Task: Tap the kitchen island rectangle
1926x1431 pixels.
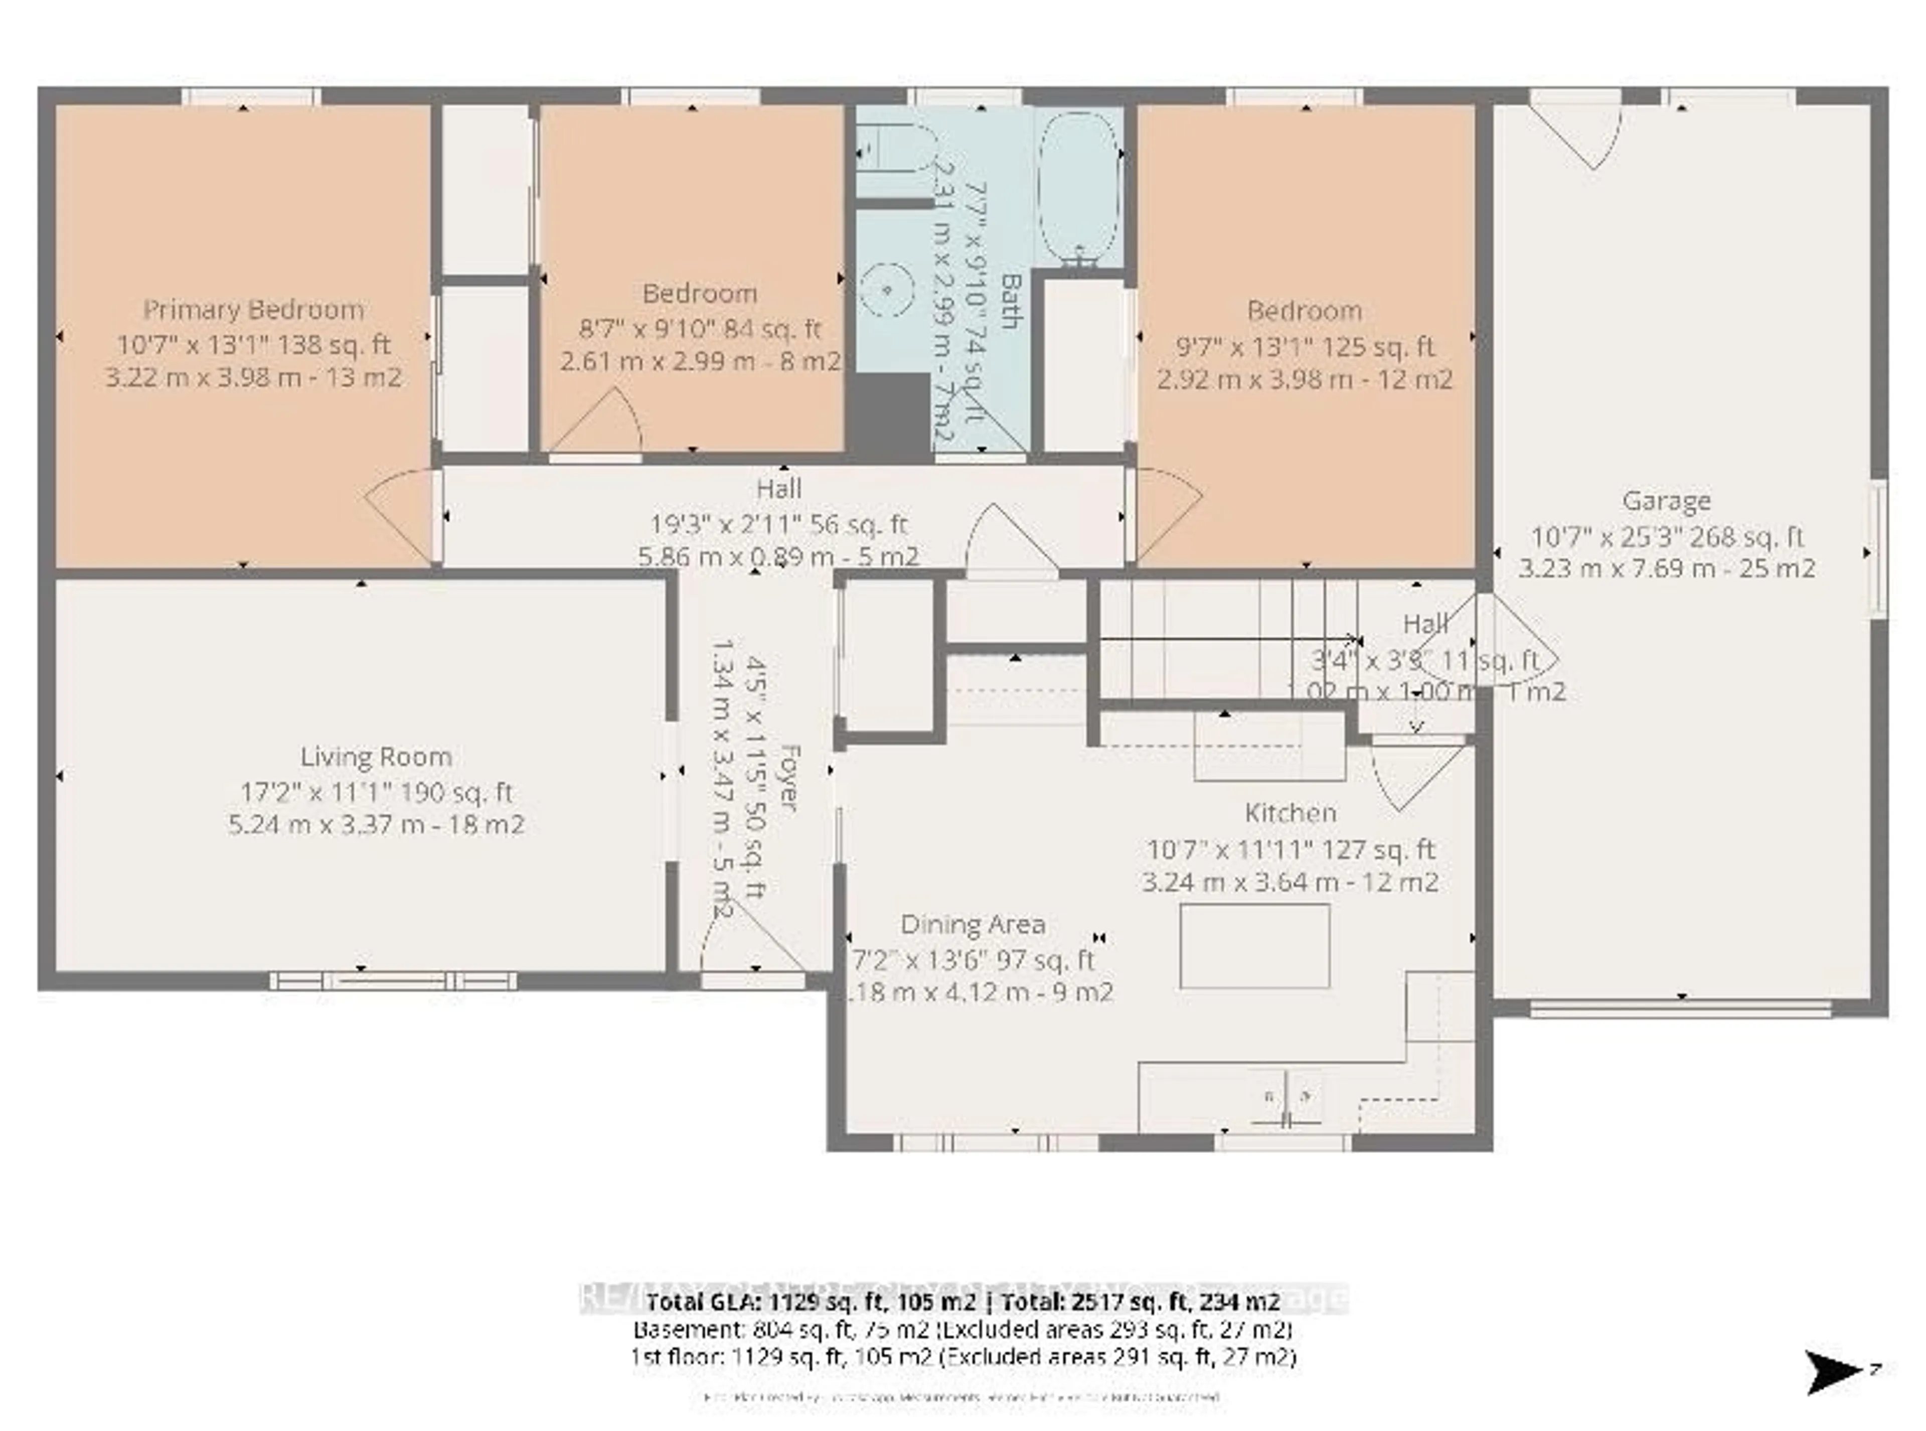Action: [1254, 946]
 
